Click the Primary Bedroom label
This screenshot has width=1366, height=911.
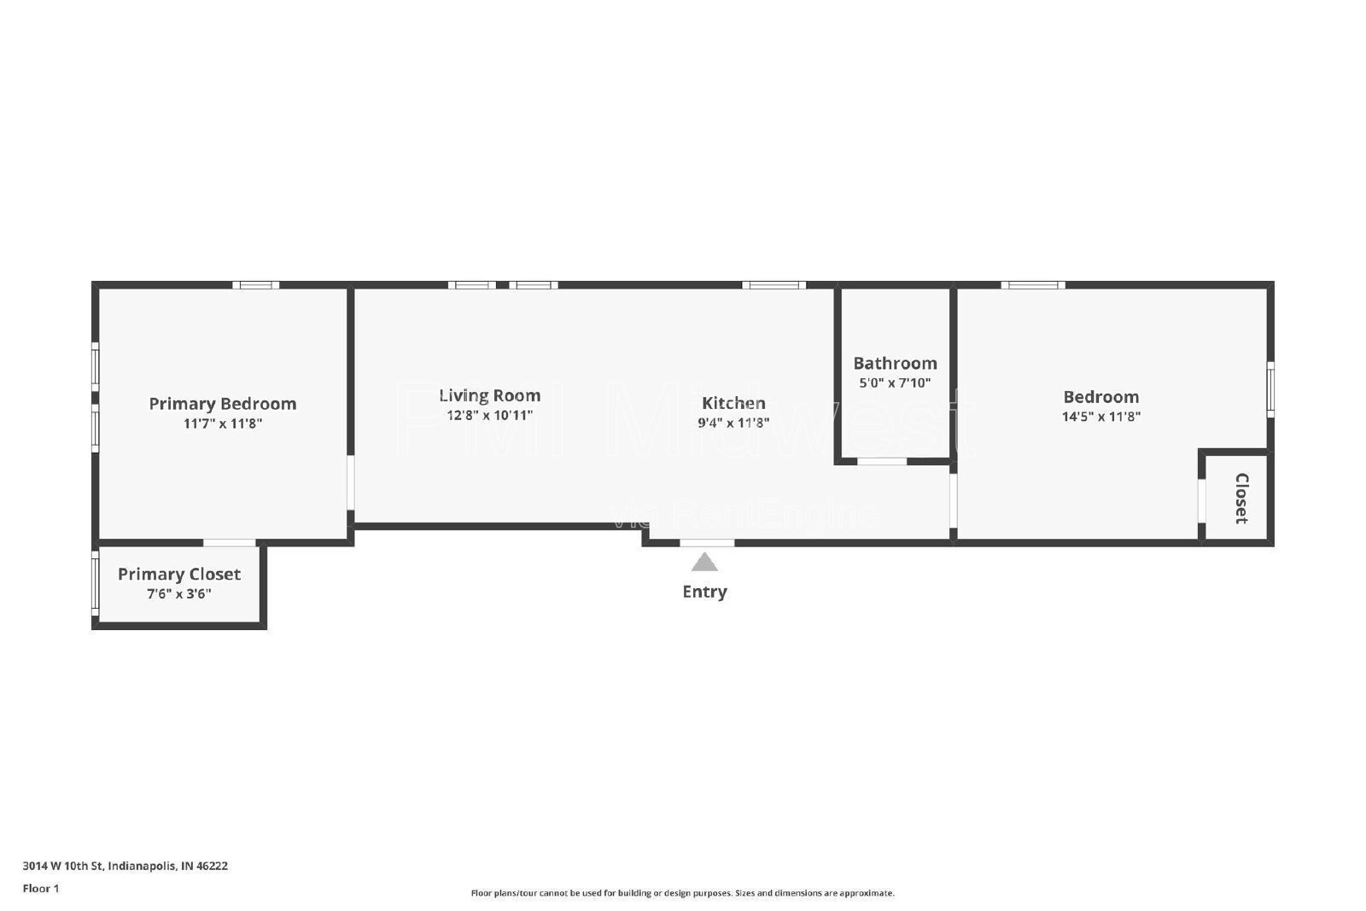click(x=222, y=404)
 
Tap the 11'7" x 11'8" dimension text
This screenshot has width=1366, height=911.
click(x=222, y=423)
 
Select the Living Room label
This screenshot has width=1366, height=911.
click(x=489, y=395)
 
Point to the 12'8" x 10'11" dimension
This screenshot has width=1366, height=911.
click(x=489, y=416)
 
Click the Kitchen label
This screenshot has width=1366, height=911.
click(x=733, y=403)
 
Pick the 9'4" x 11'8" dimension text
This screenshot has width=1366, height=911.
click(x=733, y=423)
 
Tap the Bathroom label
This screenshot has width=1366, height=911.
click(x=895, y=363)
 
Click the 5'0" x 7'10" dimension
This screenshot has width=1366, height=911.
click(x=895, y=383)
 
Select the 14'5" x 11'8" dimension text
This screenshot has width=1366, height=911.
click(x=1100, y=417)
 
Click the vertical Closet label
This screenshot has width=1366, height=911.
click(x=1241, y=498)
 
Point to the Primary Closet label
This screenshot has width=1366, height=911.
click(x=179, y=575)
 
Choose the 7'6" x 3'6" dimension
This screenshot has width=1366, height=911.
click(x=179, y=594)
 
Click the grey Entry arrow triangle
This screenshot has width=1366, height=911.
click(x=704, y=563)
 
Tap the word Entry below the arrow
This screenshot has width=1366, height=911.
click(x=704, y=592)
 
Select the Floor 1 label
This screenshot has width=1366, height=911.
click(x=41, y=889)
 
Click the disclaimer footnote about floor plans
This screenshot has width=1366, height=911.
click(x=682, y=893)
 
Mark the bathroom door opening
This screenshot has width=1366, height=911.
click(x=882, y=462)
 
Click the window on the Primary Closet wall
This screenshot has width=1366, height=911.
click(x=96, y=583)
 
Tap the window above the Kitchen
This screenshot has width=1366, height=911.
click(x=773, y=285)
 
